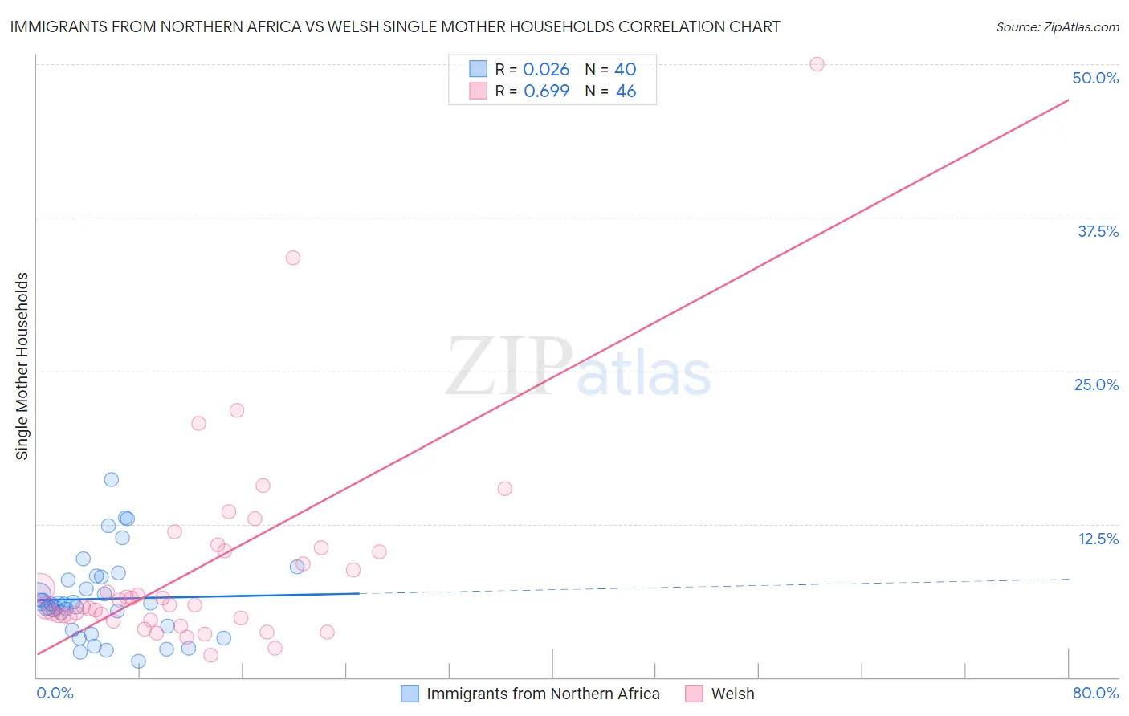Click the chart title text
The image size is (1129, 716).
[x=395, y=26]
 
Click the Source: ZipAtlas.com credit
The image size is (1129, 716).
[x=1057, y=26]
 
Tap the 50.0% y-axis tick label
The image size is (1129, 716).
[x=1095, y=78]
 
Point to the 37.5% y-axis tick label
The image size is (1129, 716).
[x=1098, y=231]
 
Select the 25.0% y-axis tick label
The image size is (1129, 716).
[x=1096, y=384]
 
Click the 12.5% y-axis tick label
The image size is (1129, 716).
[x=1098, y=539]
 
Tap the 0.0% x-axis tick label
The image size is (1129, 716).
[x=55, y=693]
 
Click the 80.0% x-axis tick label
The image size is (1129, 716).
[x=1095, y=693]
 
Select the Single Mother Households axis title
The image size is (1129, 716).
[x=22, y=366]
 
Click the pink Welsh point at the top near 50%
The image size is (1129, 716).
[x=817, y=64]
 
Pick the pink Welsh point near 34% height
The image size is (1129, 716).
[x=293, y=258]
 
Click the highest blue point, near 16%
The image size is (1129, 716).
[x=112, y=479]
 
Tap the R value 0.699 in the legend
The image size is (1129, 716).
[x=546, y=91]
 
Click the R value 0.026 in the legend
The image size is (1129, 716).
[x=546, y=70]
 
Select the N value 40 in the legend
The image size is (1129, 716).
[x=626, y=70]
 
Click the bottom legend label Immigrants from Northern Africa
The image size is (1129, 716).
[x=543, y=694]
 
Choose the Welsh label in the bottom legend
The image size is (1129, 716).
[x=732, y=694]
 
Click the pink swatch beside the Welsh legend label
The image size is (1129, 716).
[x=694, y=694]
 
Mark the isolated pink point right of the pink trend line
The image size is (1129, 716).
[x=505, y=488]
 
